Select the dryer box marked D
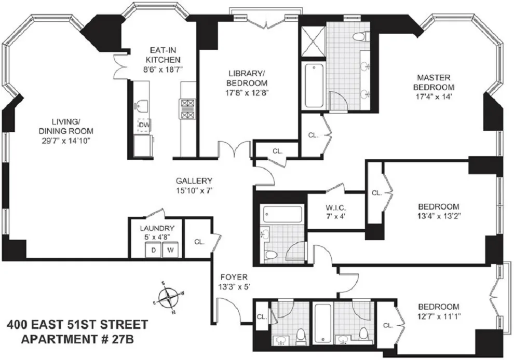point(154,250)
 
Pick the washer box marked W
point(170,250)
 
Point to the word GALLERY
point(193,181)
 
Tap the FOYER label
point(233,277)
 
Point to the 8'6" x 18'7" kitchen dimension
point(163,68)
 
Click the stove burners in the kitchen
point(186,109)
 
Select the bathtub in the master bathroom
point(314,85)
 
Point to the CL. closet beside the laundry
point(199,242)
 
